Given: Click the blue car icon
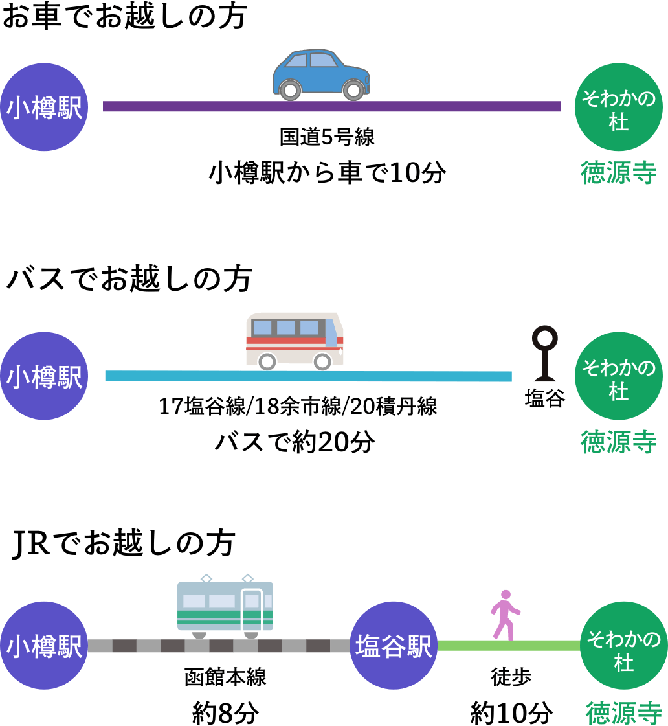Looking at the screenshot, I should (x=321, y=74).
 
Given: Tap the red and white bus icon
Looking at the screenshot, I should (x=295, y=340).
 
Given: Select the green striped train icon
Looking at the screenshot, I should (x=225, y=606).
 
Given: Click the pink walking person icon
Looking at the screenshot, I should (x=505, y=615).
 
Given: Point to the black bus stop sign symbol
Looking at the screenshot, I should (x=544, y=354).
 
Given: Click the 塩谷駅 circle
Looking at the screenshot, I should (x=394, y=646).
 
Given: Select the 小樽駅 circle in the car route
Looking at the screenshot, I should (x=44, y=107).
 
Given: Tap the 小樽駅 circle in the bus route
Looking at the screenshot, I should (x=44, y=376).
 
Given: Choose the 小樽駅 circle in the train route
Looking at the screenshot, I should (x=44, y=646).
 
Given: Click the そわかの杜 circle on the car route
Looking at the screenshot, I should (x=618, y=107).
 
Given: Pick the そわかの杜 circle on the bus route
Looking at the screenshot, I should (x=618, y=376).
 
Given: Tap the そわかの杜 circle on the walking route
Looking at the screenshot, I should (x=623, y=646).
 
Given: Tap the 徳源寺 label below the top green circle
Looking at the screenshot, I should (x=618, y=173).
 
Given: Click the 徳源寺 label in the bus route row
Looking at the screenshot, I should (x=618, y=442).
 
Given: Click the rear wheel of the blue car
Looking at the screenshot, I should (x=291, y=89).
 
